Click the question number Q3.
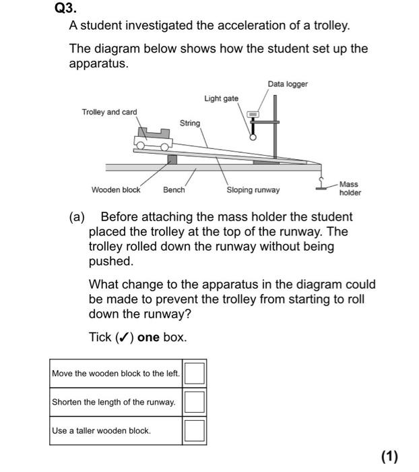[x=65, y=9]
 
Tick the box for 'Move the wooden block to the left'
[x=194, y=374]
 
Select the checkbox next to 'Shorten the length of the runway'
[x=194, y=402]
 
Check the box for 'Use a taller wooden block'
[x=194, y=430]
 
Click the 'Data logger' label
[x=288, y=84]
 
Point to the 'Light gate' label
[x=221, y=99]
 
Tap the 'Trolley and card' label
[x=109, y=112]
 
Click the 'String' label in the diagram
[x=190, y=123]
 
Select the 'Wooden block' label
[x=116, y=190]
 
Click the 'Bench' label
[x=174, y=190]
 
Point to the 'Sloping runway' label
[x=253, y=190]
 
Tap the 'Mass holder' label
[x=350, y=188]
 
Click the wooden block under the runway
[x=172, y=158]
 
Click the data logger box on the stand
[x=254, y=115]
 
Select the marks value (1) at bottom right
[x=390, y=456]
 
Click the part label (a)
[x=77, y=217]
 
